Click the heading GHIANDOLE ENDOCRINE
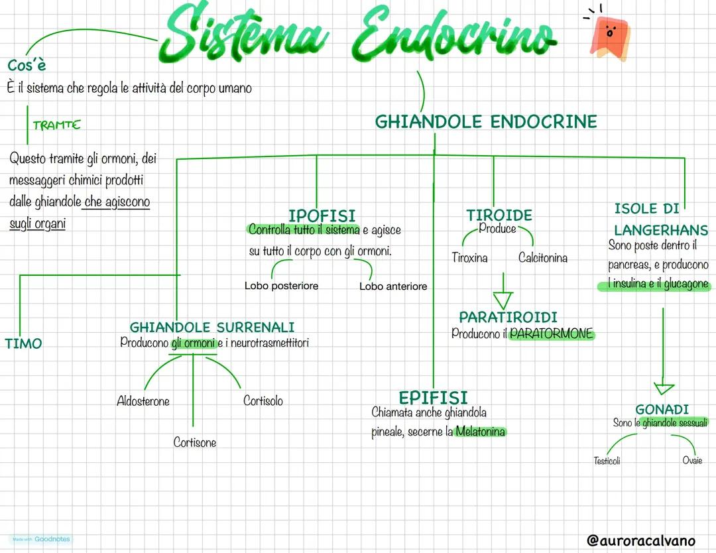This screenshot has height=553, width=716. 486,122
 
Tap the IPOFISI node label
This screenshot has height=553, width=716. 322,215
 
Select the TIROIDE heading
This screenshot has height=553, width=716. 499,215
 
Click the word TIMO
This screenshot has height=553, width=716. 23,343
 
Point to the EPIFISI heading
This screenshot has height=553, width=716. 433,397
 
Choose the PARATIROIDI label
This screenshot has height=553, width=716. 508,317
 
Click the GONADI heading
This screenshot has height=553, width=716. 662,409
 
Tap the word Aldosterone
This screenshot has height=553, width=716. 143,401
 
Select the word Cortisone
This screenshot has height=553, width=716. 195,442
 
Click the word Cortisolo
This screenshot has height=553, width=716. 263,400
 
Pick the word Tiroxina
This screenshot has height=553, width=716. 469,258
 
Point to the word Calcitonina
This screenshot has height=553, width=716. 543,258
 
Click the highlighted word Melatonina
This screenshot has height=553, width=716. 481,432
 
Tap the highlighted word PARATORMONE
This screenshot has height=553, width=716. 552,334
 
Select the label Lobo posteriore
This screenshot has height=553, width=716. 281,286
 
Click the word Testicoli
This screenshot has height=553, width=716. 607,460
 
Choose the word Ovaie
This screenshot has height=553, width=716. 692,460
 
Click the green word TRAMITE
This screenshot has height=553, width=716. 56,125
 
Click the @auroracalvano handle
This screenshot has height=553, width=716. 641,540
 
